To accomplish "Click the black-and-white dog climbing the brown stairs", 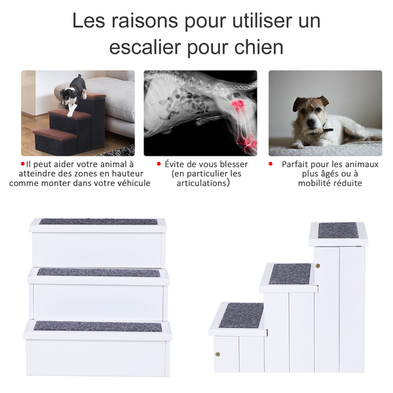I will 73,92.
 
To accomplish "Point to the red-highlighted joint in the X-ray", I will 236,105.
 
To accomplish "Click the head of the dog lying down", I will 310,111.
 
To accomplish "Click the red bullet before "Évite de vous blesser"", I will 159,163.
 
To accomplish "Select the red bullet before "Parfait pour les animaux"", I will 271,163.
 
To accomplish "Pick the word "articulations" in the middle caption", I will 202,183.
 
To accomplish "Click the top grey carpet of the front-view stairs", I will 98,222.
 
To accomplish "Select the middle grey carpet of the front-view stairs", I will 98,272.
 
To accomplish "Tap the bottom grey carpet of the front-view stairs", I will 98,326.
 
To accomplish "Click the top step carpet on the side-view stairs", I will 338,230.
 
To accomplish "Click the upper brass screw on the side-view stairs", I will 318,266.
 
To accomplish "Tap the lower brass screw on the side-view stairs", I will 217,354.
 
